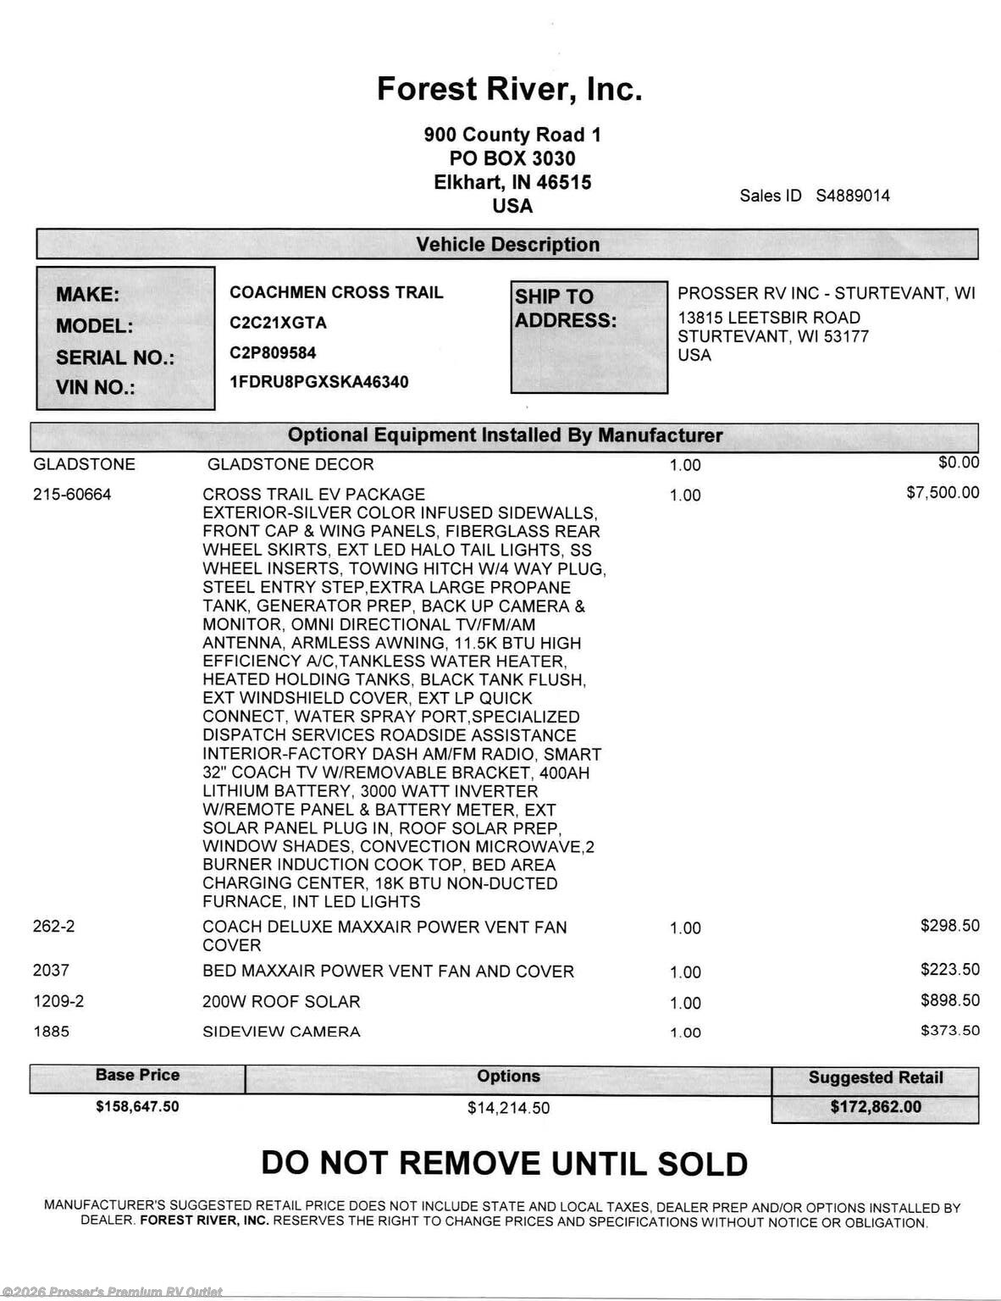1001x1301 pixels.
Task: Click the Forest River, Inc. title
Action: [509, 89]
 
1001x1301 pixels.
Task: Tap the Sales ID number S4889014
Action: [853, 196]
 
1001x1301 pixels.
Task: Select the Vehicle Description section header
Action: [507, 245]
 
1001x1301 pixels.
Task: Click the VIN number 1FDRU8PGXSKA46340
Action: [318, 382]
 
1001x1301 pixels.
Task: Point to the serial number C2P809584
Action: [273, 352]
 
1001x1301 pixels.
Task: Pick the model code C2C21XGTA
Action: [278, 323]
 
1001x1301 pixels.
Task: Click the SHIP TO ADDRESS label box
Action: [589, 337]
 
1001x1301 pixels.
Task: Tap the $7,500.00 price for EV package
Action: [943, 493]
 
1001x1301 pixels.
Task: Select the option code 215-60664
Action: [72, 495]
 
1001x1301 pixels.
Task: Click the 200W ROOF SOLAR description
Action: [281, 1002]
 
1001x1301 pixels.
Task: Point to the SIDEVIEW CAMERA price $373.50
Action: [950, 1031]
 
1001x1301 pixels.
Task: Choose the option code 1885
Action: [51, 1032]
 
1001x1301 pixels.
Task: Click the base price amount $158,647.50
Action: [137, 1106]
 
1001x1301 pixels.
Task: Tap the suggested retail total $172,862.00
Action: [876, 1107]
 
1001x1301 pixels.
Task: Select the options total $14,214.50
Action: [508, 1108]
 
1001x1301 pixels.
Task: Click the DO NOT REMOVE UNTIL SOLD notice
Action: [505, 1164]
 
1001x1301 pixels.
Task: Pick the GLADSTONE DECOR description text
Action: [290, 464]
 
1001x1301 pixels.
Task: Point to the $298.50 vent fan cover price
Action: [950, 926]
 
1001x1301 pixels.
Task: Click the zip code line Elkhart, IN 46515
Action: [512, 182]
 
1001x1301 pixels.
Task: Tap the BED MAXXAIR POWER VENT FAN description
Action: [388, 972]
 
